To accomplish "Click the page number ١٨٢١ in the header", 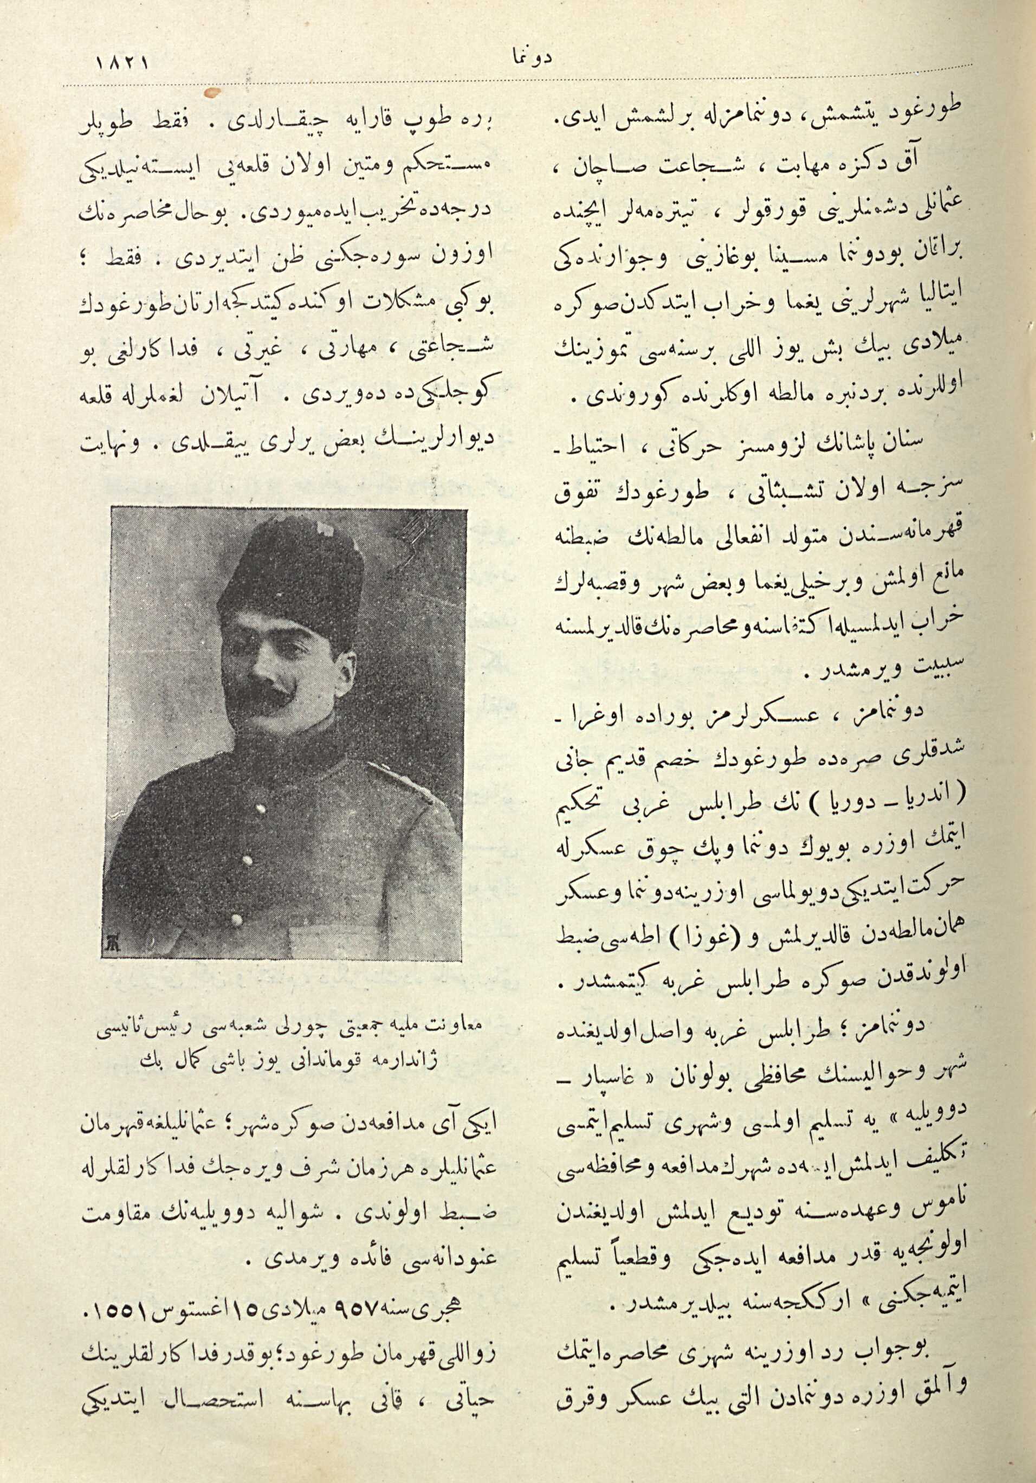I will point(122,65).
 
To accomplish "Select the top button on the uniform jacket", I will point(261,808).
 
